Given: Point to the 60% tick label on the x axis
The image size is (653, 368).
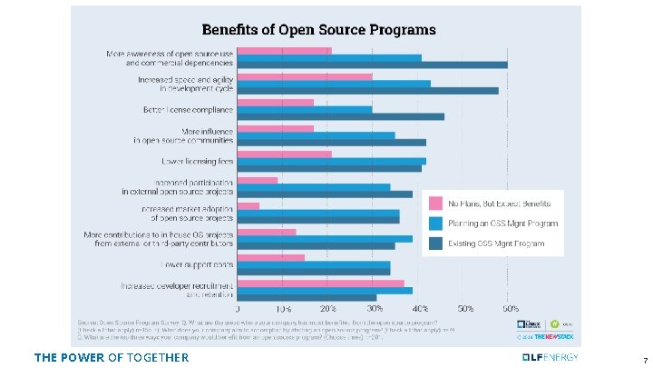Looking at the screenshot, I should pos(512,309).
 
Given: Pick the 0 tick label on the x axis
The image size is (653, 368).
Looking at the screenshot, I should pos(237,309).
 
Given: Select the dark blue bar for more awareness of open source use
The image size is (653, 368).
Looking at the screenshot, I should pos(372,65).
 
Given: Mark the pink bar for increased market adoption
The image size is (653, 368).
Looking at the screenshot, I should pos(248,205).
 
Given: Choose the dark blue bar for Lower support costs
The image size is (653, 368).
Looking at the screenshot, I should pos(314,271).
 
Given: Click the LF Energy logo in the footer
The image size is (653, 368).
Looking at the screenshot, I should pos(551,356).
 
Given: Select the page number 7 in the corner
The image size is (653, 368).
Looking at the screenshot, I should pos(643,360).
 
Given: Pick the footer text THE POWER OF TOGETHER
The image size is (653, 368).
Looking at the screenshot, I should pos(111,357).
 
